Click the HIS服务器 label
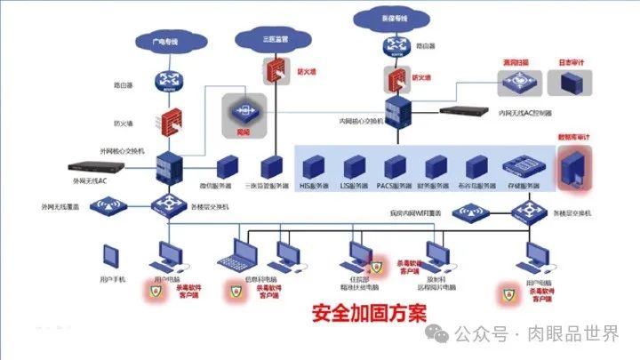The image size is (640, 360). pyautogui.click(x=313, y=187)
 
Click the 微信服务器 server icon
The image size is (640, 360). pyautogui.click(x=226, y=166)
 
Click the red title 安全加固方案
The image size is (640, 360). pyautogui.click(x=368, y=314)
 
